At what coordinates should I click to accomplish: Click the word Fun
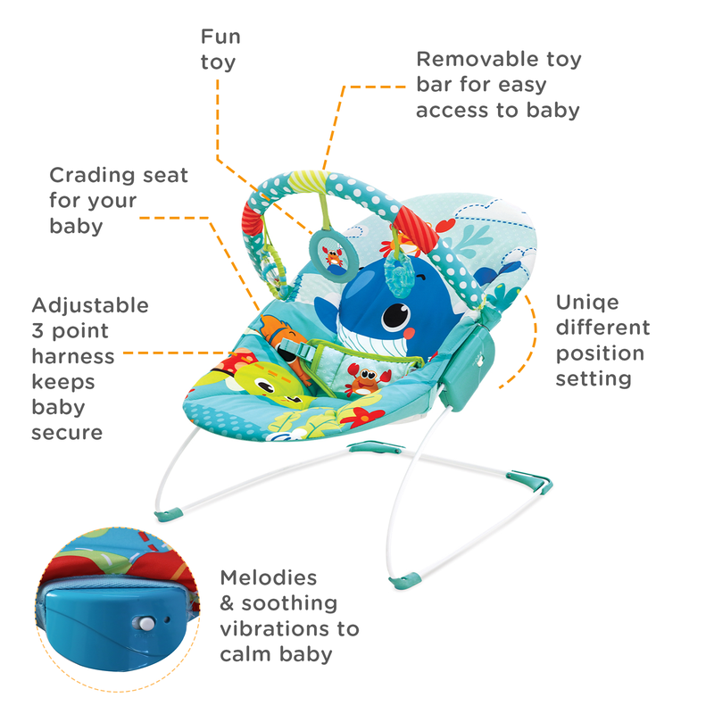click(x=220, y=37)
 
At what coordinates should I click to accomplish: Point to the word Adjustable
click(x=90, y=305)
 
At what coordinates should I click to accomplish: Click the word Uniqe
click(x=586, y=302)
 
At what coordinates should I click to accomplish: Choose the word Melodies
click(x=269, y=577)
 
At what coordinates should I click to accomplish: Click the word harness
click(x=73, y=357)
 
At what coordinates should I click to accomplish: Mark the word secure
click(x=67, y=433)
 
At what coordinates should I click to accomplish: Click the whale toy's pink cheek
click(x=411, y=333)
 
